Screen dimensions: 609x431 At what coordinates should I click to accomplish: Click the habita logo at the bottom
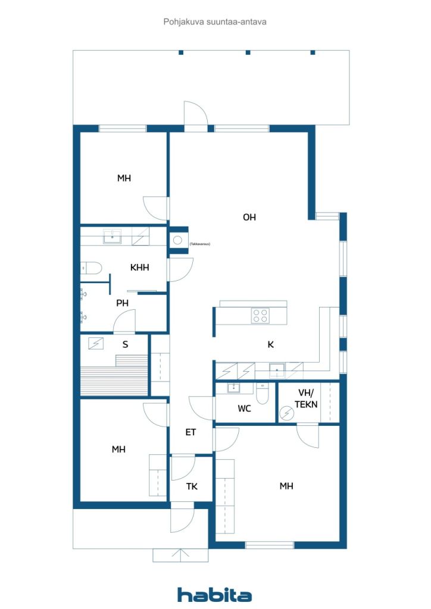point(214,594)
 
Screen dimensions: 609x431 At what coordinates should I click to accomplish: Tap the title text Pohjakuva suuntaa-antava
point(215,21)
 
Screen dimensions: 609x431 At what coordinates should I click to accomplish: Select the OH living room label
point(249,218)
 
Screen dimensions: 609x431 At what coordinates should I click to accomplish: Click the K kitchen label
point(270,345)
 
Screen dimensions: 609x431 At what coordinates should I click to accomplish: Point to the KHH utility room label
point(139,268)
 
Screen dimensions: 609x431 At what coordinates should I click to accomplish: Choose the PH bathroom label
point(122,303)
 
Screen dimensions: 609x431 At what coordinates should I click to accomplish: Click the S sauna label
point(125,344)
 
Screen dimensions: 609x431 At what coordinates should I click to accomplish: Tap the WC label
point(244,409)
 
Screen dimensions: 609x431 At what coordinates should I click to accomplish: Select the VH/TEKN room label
point(307,398)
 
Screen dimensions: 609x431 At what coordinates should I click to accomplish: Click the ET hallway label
point(190,432)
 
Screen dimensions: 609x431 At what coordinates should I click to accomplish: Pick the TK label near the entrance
point(192,486)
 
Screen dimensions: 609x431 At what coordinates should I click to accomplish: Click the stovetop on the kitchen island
point(260,315)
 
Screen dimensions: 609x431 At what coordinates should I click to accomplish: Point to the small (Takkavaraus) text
point(200,244)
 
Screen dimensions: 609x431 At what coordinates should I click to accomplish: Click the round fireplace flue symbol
point(178,241)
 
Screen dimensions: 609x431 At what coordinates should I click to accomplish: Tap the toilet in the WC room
point(263,394)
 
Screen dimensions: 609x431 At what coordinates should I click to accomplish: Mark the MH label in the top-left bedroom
point(124,178)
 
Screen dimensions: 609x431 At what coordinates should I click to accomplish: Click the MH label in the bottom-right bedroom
point(286,486)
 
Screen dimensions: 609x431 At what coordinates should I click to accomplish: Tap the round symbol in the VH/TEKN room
point(287,413)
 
